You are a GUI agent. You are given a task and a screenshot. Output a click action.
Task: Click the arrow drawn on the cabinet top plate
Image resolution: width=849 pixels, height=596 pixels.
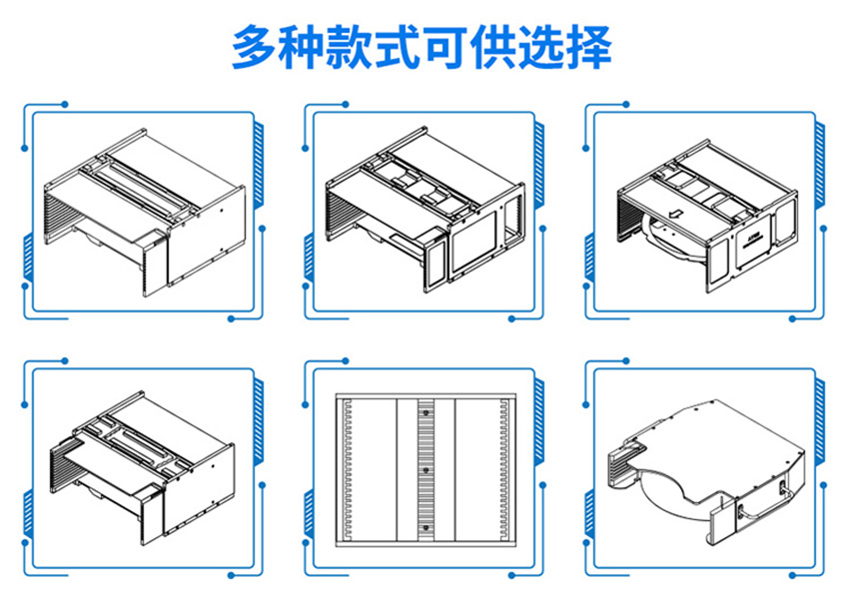point(675,212)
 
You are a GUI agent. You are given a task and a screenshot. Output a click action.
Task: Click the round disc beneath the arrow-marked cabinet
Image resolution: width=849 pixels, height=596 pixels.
point(666,242)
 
